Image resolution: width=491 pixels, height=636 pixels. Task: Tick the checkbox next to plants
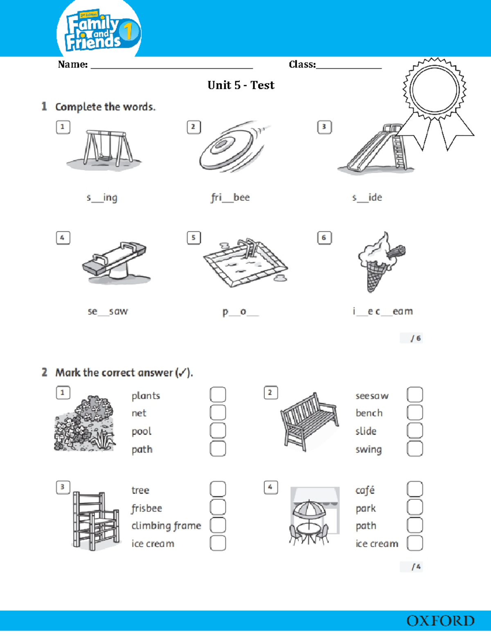[218, 395]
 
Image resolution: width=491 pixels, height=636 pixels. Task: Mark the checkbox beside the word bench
[414, 413]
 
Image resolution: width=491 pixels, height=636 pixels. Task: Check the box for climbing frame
[218, 525]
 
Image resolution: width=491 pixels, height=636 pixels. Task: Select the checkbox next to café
[414, 489]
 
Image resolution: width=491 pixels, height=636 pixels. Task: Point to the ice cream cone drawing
[378, 262]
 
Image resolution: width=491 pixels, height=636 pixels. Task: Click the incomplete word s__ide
[367, 197]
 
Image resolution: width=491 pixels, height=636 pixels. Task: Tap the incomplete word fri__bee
[230, 197]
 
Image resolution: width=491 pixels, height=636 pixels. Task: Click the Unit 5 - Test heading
[241, 85]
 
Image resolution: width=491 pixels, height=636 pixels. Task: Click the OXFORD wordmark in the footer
[440, 621]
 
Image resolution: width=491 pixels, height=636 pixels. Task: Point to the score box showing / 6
[412, 338]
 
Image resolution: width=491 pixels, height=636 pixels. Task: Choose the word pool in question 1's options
[142, 431]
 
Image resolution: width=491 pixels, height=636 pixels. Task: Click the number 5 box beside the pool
[194, 238]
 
